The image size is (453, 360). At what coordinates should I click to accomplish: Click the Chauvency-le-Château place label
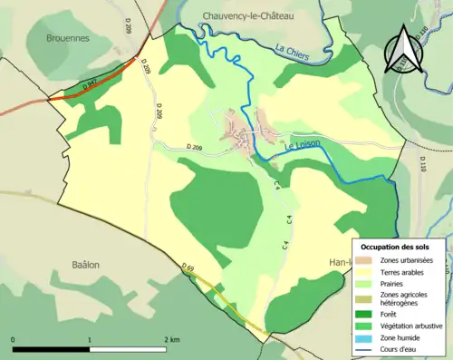[x=244, y=16]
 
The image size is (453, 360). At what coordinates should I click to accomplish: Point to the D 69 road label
[x=188, y=268]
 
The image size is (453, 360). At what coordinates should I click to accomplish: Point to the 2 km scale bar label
[x=171, y=338]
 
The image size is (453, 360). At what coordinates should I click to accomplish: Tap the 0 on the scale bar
[x=13, y=338]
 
